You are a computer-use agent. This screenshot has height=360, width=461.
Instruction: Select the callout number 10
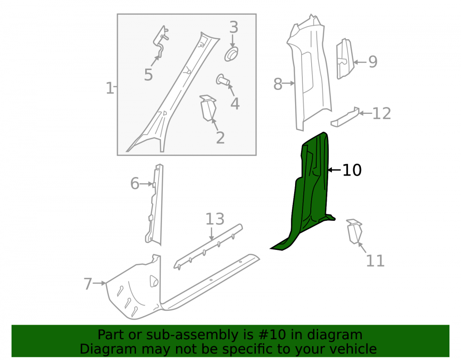point(352,170)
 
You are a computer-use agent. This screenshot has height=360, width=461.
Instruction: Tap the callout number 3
point(233,27)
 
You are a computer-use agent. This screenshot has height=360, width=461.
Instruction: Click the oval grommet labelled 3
point(231,54)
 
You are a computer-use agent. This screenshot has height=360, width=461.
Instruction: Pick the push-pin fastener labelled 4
point(223,80)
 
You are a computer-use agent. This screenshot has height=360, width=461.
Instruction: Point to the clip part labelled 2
point(208,108)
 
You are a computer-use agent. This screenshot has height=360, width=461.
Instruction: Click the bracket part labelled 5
point(161,41)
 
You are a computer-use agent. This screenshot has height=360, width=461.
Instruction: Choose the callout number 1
point(109,88)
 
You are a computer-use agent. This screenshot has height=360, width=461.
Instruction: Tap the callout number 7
point(88,283)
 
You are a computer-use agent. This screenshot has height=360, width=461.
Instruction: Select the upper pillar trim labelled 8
point(309,72)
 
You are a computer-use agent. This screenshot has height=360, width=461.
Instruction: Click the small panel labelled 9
point(345,59)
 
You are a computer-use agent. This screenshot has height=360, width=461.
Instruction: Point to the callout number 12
point(382,113)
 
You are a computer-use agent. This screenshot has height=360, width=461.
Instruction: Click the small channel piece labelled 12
point(345,117)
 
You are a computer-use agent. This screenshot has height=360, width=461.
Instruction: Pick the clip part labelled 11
point(354,231)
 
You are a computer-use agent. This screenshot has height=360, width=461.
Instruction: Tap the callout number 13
point(215,219)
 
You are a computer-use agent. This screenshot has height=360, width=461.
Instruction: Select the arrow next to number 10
point(334,170)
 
